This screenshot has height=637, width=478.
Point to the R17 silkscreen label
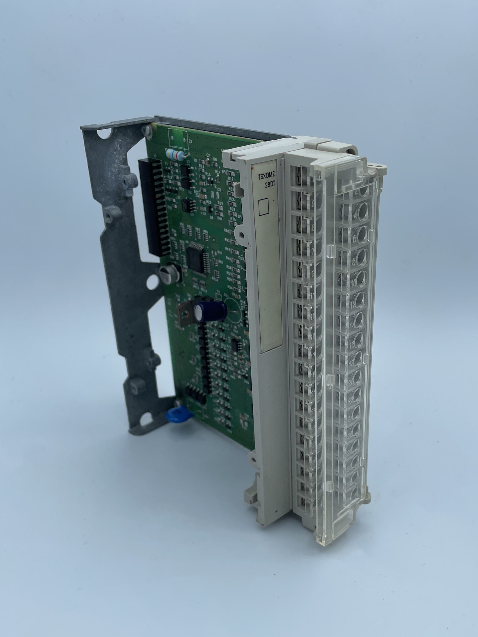coord(230,179)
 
